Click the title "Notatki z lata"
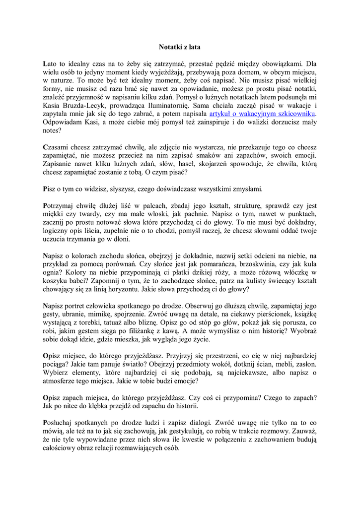click(x=179, y=47)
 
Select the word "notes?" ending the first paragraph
click(x=53, y=130)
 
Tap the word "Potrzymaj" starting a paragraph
click(x=60, y=206)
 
